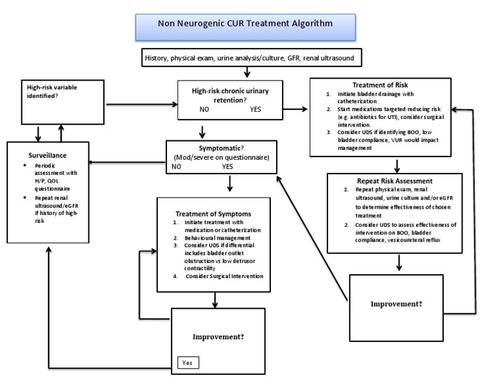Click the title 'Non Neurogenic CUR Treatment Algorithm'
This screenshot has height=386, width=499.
(x=245, y=24)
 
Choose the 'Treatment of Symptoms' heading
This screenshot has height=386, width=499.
(x=213, y=212)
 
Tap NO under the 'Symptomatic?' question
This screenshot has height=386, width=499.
(x=176, y=166)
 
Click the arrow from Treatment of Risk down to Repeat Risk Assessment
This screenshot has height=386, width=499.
(x=396, y=164)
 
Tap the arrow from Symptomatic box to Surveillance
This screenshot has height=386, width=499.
(x=127, y=162)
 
